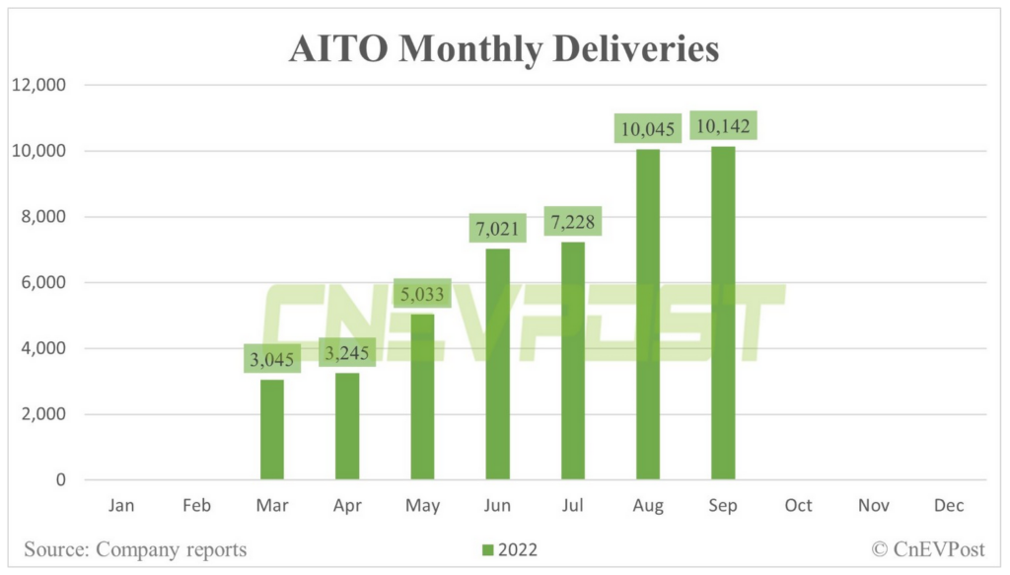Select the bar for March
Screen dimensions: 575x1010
(272, 430)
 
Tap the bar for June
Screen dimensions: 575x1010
(498, 365)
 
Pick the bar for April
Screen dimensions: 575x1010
(347, 426)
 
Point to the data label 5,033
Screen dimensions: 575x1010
(422, 294)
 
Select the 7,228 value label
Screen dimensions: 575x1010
(572, 222)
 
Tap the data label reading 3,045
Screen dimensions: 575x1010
(272, 360)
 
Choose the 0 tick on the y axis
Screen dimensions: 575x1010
(60, 480)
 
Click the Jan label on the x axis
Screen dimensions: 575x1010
(121, 506)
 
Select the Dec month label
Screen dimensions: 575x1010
(948, 506)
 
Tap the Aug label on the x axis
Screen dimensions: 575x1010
(647, 506)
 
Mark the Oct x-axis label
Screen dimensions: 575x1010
(798, 506)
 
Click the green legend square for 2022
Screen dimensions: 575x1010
(487, 549)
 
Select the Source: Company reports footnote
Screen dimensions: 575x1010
(135, 549)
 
